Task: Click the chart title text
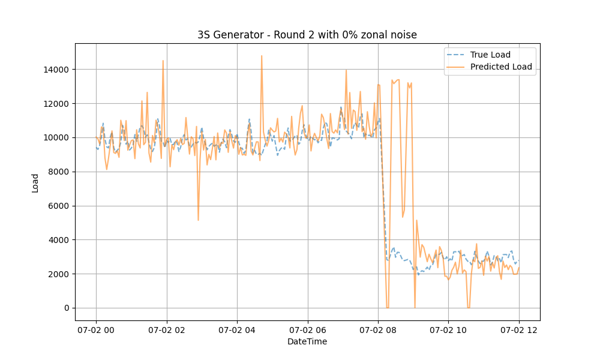pyautogui.click(x=307, y=35)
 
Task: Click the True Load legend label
pyautogui.click(x=490, y=55)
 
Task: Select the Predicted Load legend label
pyautogui.click(x=501, y=67)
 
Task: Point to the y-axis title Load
pyautogui.click(x=35, y=183)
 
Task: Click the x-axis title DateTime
pyautogui.click(x=307, y=341)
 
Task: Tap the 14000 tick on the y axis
pyautogui.click(x=56, y=70)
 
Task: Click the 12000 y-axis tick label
pyautogui.click(x=56, y=104)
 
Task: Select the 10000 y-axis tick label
pyautogui.click(x=56, y=138)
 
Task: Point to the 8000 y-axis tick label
pyautogui.click(x=58, y=172)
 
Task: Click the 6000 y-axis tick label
pyautogui.click(x=58, y=206)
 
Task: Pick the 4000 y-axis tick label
pyautogui.click(x=58, y=240)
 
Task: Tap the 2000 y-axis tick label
pyautogui.click(x=58, y=274)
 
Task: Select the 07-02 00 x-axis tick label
pyautogui.click(x=96, y=329)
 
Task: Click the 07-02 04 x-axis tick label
pyautogui.click(x=237, y=329)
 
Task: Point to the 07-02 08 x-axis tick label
pyautogui.click(x=378, y=329)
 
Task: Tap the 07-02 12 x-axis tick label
pyautogui.click(x=519, y=329)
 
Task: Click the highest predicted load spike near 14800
pyautogui.click(x=262, y=56)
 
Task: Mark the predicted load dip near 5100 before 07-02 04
pyautogui.click(x=198, y=220)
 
